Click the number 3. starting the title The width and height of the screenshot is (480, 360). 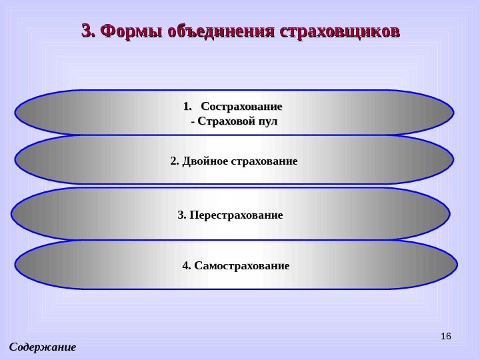point(88,31)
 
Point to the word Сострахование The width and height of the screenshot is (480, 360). point(241,106)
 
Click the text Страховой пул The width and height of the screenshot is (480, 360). point(237,122)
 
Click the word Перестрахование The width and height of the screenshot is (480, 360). point(236,215)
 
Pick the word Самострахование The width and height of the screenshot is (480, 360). point(241,266)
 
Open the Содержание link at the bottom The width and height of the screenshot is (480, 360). point(43,347)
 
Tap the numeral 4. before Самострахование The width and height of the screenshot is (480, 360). point(187,266)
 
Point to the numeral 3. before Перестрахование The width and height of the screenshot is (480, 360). point(182,215)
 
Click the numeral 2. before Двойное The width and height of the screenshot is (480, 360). point(175,161)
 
